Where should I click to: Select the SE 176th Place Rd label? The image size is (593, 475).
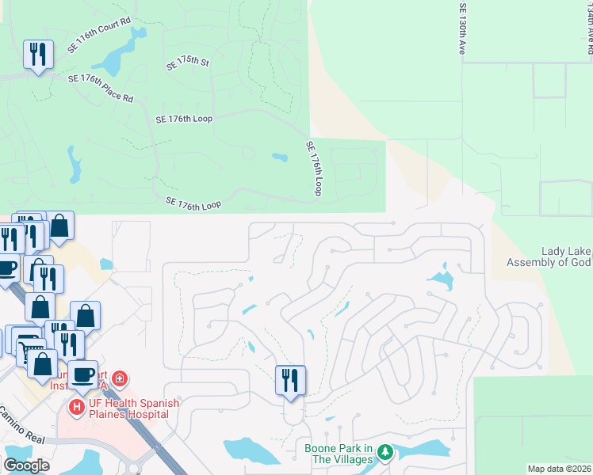[x=101, y=87]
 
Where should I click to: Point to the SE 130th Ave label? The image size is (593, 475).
[x=463, y=27]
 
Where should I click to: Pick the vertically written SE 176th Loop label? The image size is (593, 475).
[x=315, y=169]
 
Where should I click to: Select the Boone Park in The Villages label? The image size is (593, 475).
[x=339, y=454]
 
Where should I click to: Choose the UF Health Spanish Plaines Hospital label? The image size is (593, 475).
[x=132, y=408]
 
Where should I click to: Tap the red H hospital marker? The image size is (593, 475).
[x=77, y=408]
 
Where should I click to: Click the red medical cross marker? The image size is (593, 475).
[x=120, y=379]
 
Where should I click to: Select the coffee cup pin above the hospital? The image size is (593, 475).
[x=82, y=375]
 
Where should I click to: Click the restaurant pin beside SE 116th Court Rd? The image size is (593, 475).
[x=38, y=55]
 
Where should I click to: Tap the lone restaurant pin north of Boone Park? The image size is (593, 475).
[x=290, y=380]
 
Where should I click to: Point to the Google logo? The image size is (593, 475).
[x=27, y=465]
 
